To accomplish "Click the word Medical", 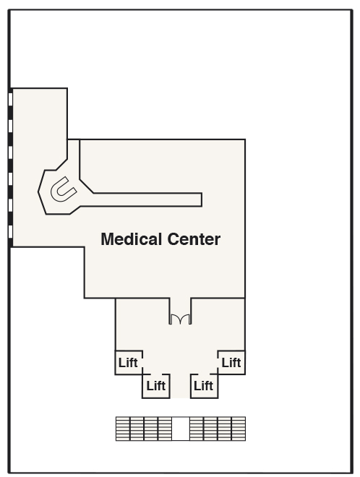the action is (132, 239).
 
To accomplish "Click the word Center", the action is (194, 239).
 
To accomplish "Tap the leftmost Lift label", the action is (128, 363).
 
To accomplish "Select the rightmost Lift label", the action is (231, 363).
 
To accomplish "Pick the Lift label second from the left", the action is (156, 386).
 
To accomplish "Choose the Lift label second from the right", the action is (203, 386).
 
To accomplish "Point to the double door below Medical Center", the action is (180, 319).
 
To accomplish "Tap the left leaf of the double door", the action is (175, 319).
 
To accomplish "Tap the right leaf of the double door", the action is (186, 319).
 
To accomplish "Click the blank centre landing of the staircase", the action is (181, 429).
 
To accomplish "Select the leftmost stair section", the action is (123, 429).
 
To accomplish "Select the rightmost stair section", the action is (239, 429).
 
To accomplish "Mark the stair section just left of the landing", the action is (165, 429).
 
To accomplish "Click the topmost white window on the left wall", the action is (10, 99).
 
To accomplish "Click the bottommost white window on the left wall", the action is (10, 231).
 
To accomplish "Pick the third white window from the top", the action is (10, 152).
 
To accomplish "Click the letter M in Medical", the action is (107, 239).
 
